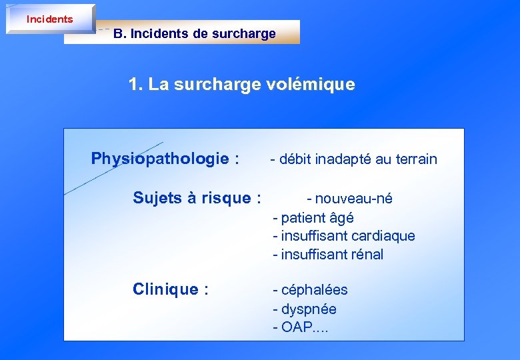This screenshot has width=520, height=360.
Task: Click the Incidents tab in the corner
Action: coord(50,19)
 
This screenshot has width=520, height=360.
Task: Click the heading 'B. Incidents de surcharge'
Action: coord(194,33)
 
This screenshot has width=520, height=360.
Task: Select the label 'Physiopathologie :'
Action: coord(165,159)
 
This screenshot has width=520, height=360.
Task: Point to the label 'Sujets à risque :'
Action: coord(197,198)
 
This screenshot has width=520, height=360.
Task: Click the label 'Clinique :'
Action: coord(171,289)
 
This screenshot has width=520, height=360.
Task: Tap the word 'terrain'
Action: coord(416,159)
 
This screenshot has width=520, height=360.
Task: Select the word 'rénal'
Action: coord(367,254)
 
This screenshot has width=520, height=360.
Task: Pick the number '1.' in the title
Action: coord(136,85)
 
